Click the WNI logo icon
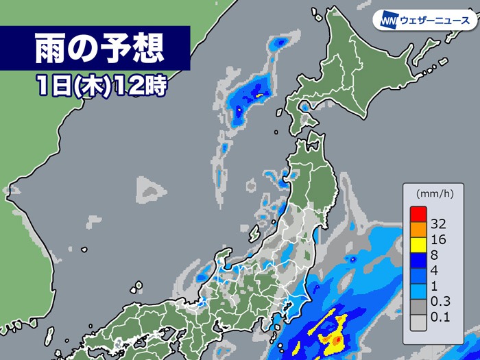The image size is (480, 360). pyautogui.click(x=389, y=21)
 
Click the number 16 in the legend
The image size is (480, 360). pyautogui.click(x=440, y=239)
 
